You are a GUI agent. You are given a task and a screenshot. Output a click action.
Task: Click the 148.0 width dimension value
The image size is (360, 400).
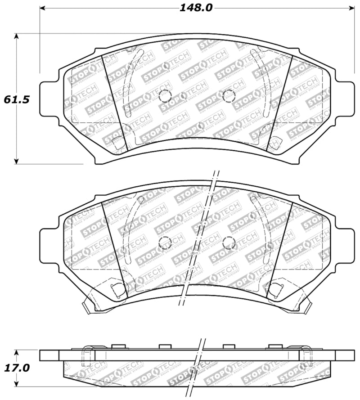tap(196, 8)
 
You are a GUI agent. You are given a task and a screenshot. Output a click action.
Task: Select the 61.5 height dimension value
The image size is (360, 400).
tap(17, 99)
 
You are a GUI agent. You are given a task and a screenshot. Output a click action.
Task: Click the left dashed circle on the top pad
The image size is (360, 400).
tap(165, 95)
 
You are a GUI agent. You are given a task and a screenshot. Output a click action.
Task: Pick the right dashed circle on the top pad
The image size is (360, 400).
tap(229, 95)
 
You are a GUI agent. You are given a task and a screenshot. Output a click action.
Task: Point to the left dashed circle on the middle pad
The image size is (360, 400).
tap(165, 243)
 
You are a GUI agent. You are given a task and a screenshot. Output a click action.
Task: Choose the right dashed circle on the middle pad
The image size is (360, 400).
tap(229, 243)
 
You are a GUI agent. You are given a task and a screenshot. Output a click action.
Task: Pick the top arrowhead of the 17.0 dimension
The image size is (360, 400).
tap(17, 352)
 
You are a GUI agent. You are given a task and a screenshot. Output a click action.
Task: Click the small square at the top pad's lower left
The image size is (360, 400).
tap(118, 144)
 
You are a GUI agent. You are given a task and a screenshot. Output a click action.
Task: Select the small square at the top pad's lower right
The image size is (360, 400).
tap(275, 144)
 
